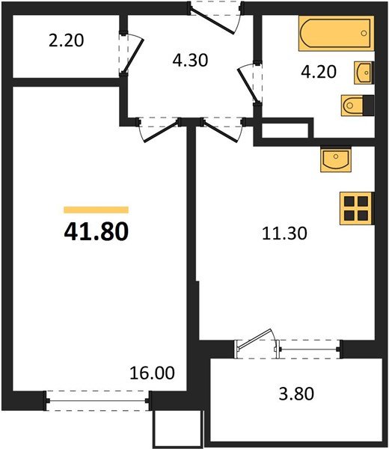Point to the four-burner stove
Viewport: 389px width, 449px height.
point(356,207)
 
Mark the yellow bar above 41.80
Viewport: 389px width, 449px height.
point(96,210)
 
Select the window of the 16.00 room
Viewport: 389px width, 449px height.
point(98,402)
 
